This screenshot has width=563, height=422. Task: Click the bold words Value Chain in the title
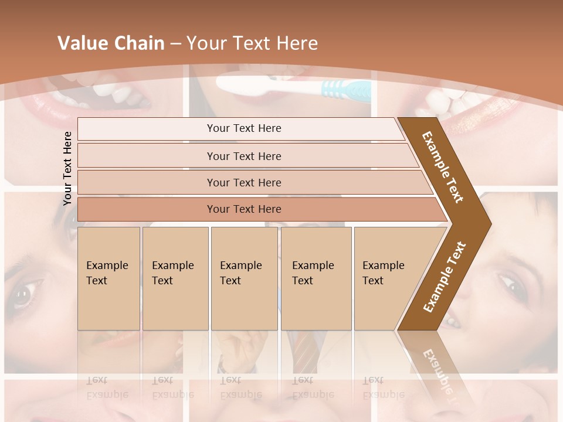coord(111,43)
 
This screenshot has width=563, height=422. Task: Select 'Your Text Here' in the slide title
coord(252,43)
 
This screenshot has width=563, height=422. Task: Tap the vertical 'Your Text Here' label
coord(67,168)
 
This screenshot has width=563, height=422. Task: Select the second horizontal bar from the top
coord(244,156)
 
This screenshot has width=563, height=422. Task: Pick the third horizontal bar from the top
coord(244,182)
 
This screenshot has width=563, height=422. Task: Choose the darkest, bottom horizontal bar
coord(244,209)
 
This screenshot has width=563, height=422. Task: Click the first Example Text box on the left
coord(108,278)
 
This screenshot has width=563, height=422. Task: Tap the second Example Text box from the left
coord(175,278)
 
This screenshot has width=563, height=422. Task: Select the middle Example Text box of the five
coord(244,278)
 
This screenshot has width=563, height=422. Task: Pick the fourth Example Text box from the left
coord(316,278)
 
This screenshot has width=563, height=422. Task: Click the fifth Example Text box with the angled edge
coord(387,278)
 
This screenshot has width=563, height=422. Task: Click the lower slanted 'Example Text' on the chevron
coord(445,277)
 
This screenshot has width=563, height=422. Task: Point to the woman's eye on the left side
coord(25,293)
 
